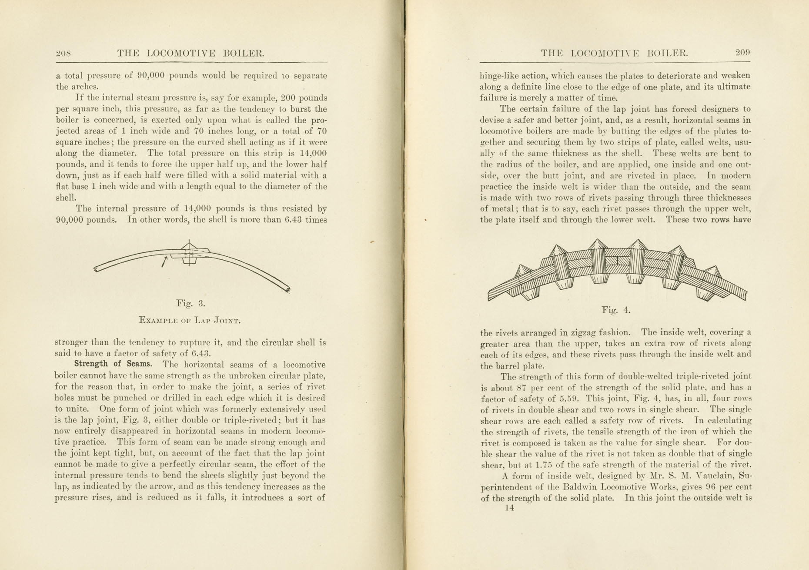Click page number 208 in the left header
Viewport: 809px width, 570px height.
(x=64, y=54)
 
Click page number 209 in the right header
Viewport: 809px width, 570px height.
(x=742, y=53)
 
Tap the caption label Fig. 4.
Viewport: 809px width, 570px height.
(x=616, y=310)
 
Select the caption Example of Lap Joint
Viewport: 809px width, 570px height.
(x=189, y=321)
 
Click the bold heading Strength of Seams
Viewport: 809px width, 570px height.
(x=113, y=364)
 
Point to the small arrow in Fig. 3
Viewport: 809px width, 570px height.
(x=164, y=262)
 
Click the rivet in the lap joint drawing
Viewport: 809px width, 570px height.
(x=189, y=252)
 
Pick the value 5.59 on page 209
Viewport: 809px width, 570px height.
(x=573, y=399)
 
